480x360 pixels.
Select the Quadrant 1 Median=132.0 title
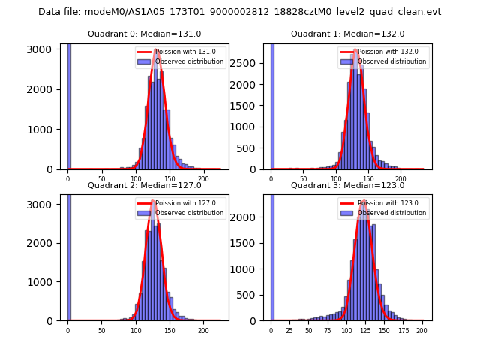click(x=347, y=34)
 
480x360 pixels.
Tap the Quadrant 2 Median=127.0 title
click(x=144, y=185)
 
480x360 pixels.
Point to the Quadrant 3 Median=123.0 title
click(x=347, y=185)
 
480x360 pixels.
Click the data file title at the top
click(x=239, y=12)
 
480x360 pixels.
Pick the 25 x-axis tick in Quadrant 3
click(x=289, y=329)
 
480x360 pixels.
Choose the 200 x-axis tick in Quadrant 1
click(x=400, y=178)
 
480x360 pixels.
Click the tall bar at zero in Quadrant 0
click(x=69, y=105)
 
